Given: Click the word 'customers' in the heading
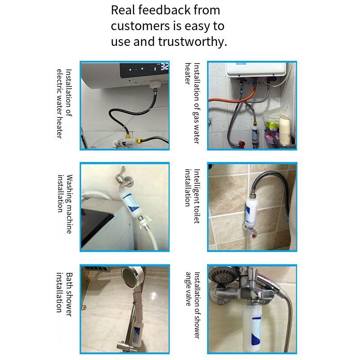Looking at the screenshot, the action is [x=140, y=26].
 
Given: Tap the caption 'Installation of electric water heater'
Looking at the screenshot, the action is [x=64, y=104].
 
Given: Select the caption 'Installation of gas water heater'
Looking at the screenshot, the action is [x=193, y=103].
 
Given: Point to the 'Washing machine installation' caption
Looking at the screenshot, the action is [x=65, y=204].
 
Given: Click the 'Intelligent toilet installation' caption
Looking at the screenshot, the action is [x=193, y=196].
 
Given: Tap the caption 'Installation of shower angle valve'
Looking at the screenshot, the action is [x=193, y=305].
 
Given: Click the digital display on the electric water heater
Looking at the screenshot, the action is [x=144, y=70].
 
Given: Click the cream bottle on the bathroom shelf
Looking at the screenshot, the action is [x=285, y=130].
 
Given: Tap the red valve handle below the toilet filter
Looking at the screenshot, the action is [x=253, y=235].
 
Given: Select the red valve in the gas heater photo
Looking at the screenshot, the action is [x=241, y=144].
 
